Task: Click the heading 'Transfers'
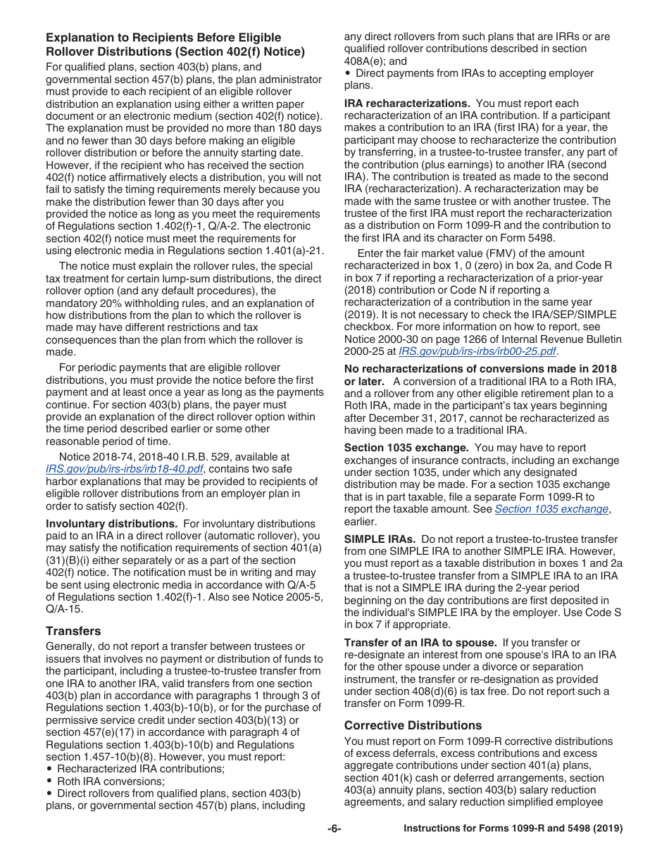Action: coord(73,631)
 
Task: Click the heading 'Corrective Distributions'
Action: coord(413,725)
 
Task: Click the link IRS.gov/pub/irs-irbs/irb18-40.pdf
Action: coord(124,469)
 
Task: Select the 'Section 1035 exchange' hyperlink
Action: coord(551,509)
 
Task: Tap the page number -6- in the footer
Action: coord(334,829)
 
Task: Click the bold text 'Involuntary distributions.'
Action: coord(111,524)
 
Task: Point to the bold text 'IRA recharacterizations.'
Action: coord(407,103)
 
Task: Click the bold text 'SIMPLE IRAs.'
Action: coord(380,539)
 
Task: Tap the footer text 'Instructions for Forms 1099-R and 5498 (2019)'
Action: coord(513,829)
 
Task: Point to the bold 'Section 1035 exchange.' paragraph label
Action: coord(406,448)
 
